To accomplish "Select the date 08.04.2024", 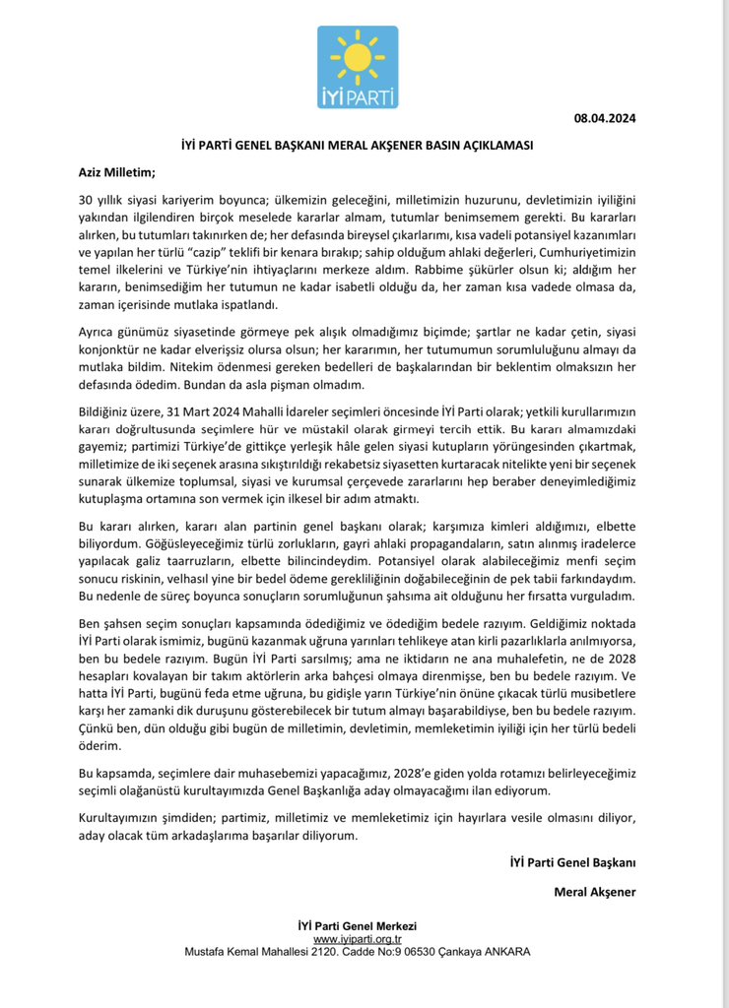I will coord(605,118).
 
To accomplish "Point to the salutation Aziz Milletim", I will coord(117,172).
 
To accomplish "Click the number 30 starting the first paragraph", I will coord(87,200).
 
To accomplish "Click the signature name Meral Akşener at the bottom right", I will coord(595,891).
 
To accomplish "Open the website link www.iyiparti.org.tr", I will coord(357,940).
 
